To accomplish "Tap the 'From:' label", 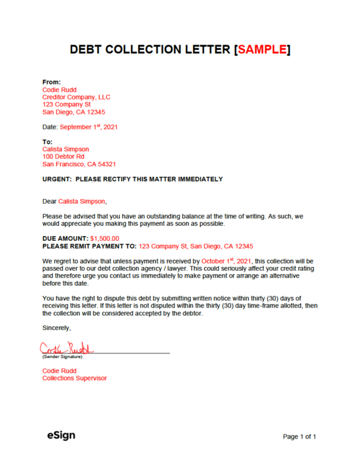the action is click(x=52, y=82).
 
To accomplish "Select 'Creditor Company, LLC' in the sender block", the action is click(x=77, y=97).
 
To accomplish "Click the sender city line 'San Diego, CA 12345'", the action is click(x=73, y=112).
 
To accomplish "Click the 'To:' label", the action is click(x=47, y=141).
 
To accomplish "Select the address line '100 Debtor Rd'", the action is click(x=63, y=156).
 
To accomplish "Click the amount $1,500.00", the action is click(x=105, y=239).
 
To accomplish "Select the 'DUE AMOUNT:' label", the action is click(x=65, y=239).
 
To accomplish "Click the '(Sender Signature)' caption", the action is click(x=63, y=357).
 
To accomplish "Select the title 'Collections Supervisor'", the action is click(x=75, y=378).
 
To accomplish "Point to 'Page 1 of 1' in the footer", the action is click(x=299, y=436).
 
